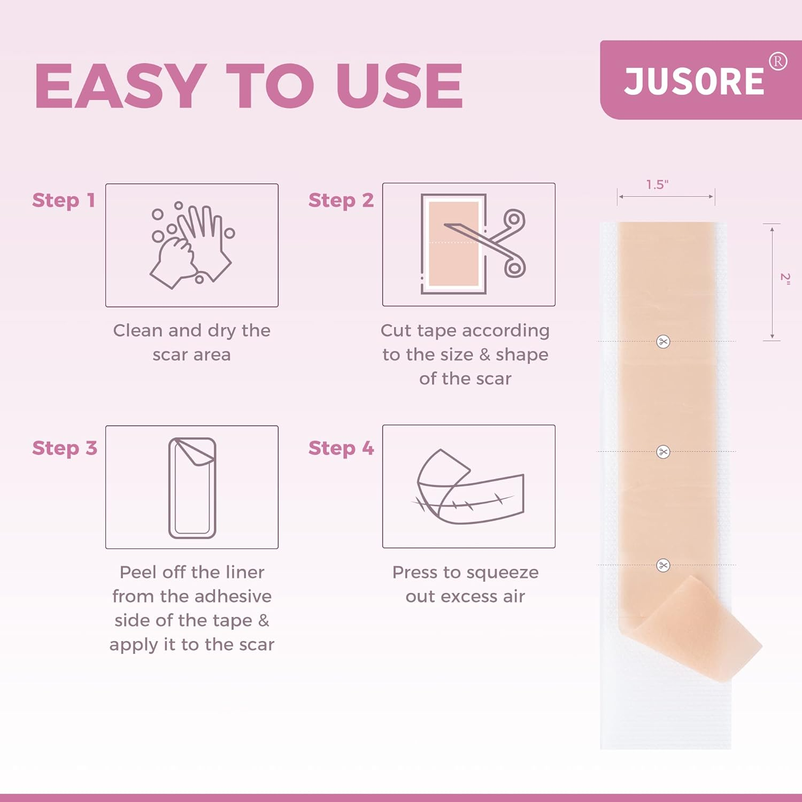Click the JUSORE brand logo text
click(694, 82)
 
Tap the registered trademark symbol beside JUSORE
click(778, 61)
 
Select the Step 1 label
click(64, 200)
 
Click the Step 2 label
click(341, 200)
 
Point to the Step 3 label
click(64, 448)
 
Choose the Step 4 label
click(341, 448)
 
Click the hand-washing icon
click(191, 245)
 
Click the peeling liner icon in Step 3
click(192, 488)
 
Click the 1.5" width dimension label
click(657, 185)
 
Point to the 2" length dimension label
click(785, 278)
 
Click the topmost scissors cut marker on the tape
click(663, 342)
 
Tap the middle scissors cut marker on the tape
click(663, 452)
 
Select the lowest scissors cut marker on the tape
click(663, 565)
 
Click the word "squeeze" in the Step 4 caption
click(503, 573)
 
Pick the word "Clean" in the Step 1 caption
click(137, 331)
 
